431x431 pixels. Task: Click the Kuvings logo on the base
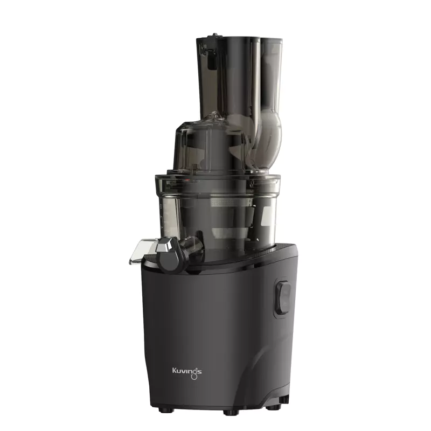point(187,372)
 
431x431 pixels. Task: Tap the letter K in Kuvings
point(175,371)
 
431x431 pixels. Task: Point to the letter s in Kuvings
point(199,372)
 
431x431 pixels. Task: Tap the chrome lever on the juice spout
point(163,246)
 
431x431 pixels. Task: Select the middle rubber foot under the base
point(230,414)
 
